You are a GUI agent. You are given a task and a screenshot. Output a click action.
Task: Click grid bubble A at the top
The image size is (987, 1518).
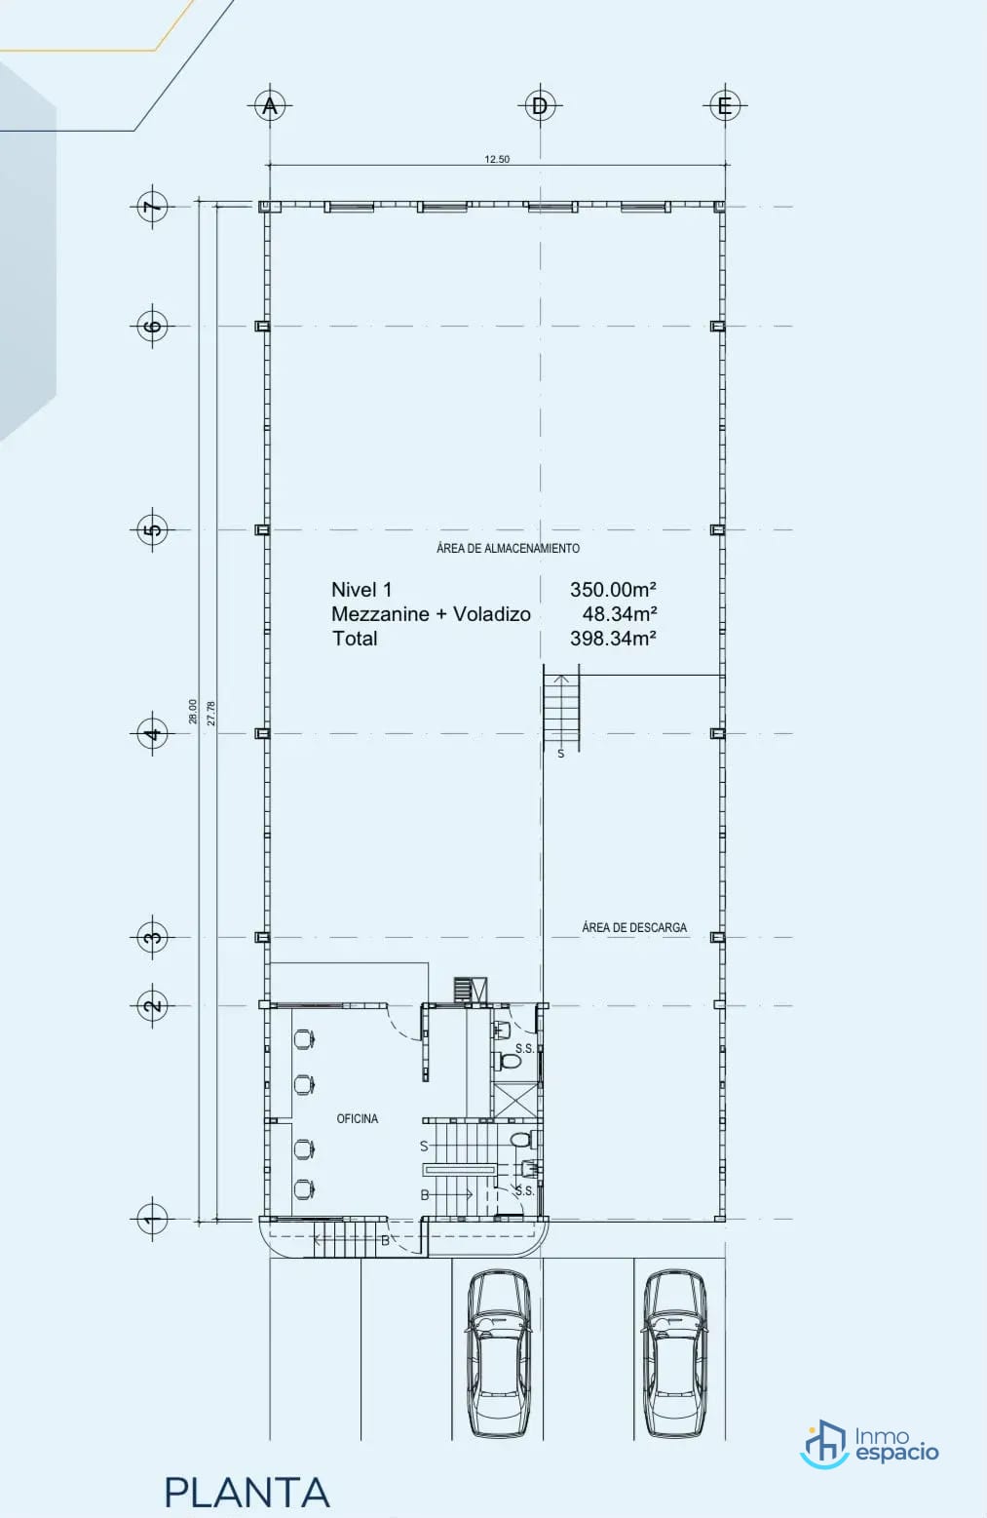270,105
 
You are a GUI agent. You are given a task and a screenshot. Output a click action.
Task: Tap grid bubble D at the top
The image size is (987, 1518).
540,105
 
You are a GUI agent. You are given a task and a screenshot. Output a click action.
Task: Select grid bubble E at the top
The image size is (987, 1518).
725,105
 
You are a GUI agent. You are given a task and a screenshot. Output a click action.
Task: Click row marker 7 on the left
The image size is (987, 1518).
152,206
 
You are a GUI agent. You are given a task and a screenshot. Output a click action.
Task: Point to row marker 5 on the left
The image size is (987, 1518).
152,529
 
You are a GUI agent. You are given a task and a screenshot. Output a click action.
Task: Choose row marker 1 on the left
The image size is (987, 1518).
152,1219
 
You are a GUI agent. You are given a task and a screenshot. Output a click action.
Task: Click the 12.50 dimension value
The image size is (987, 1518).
497,159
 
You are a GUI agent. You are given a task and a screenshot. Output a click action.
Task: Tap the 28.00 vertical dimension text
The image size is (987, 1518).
193,712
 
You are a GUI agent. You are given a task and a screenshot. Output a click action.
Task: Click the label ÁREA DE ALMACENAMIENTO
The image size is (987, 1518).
508,548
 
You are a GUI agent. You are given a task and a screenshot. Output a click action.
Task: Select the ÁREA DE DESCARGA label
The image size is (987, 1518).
634,927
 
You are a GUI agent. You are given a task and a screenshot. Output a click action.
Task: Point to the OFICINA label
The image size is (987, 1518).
357,1119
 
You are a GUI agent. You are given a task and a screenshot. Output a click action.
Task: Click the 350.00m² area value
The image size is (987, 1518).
613,590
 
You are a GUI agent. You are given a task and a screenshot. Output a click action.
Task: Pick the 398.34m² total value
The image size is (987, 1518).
613,639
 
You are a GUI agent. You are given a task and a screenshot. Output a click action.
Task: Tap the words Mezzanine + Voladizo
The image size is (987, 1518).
431,614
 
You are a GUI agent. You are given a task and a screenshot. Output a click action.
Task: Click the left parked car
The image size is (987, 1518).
499,1354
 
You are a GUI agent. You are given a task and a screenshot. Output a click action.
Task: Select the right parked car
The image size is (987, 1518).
674,1354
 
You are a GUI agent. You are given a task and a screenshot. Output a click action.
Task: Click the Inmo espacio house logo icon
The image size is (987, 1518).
824,1444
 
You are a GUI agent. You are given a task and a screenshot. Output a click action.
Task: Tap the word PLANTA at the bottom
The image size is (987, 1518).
247,1493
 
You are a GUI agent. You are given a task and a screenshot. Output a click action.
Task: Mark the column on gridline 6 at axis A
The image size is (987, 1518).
262,326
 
